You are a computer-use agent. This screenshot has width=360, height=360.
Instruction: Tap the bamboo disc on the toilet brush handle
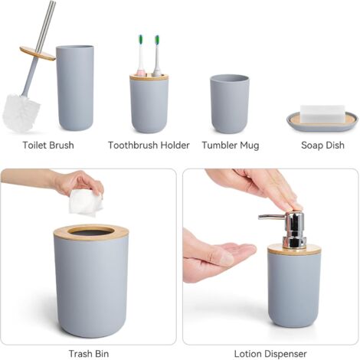tap(38, 54)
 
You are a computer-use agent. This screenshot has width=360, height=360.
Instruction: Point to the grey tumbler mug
tap(229, 103)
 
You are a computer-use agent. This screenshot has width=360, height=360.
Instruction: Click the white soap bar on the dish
tap(322, 113)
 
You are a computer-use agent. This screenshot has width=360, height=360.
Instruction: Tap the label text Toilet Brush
tap(49, 146)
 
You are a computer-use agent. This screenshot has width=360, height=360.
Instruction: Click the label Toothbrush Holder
tap(149, 146)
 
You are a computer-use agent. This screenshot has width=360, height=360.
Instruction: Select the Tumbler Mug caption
tap(230, 146)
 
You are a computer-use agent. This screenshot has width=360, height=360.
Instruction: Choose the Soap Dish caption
tap(321, 146)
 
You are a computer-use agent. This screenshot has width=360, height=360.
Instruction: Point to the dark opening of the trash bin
tap(90, 230)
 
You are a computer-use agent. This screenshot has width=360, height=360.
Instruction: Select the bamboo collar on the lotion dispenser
tap(294, 250)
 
